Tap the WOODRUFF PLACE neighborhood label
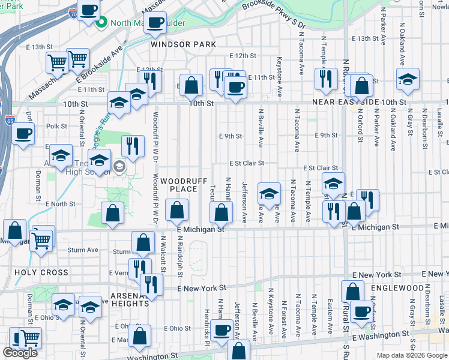click(179, 185)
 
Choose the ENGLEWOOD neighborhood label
click(398, 288)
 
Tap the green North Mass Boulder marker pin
click(101, 23)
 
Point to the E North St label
click(60, 204)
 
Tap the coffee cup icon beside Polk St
click(23, 133)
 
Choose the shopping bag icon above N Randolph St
click(176, 211)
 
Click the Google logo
click(20, 353)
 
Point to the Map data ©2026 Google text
click(411, 355)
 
